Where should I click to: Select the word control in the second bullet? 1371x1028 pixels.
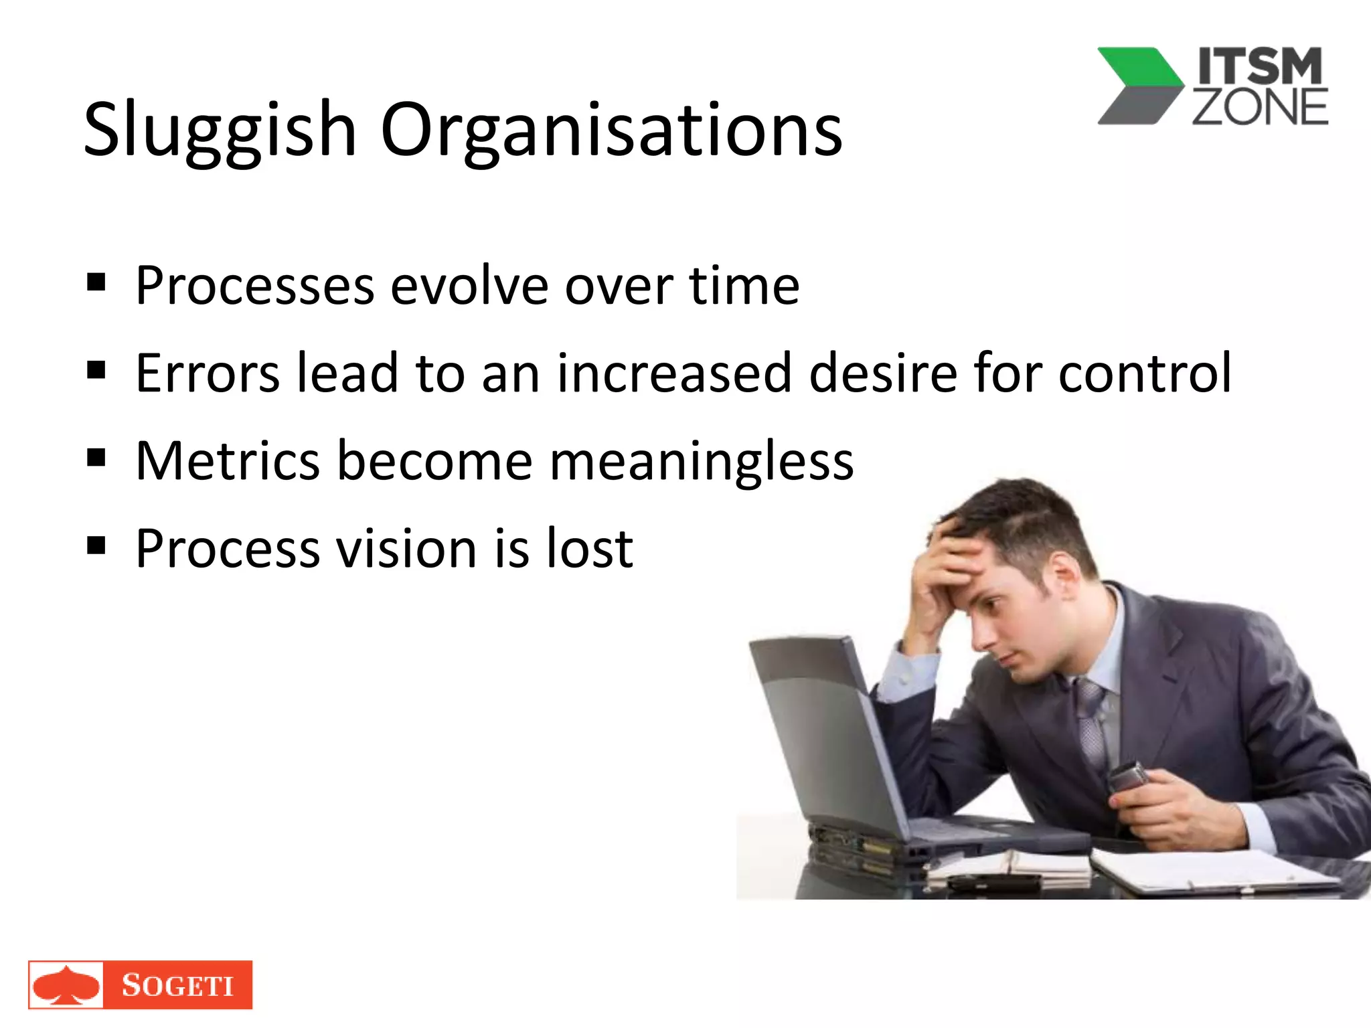(x=1144, y=373)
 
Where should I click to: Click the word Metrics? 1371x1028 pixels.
(x=228, y=460)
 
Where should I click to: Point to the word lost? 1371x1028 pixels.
(x=590, y=548)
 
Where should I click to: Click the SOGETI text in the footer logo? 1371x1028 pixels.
(x=177, y=985)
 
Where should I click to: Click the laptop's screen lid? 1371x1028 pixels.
(x=823, y=723)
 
